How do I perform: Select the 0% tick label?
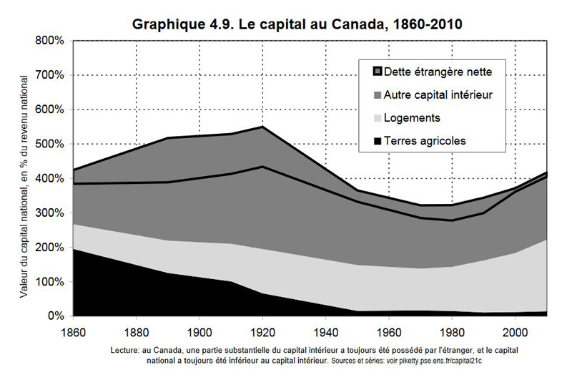point(56,316)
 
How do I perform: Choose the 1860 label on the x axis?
point(73,332)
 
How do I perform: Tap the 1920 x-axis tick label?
point(262,332)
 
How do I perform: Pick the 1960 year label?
point(389,332)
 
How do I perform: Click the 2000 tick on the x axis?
point(516,332)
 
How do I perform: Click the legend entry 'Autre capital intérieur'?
point(438,94)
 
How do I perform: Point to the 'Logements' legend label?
point(412,117)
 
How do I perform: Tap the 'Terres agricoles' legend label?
point(425,141)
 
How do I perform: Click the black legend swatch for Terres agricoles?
point(375,141)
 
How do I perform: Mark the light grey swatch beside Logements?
point(375,117)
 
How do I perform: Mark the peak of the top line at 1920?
point(262,127)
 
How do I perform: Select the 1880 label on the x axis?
point(136,332)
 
